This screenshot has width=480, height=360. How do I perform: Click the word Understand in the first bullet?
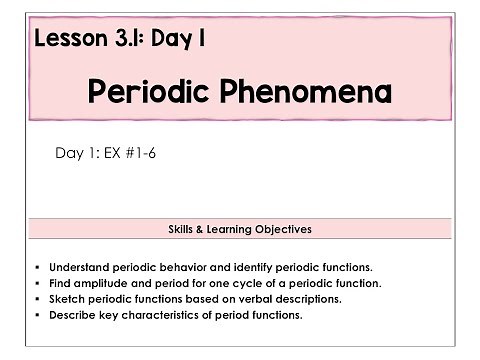tap(80, 267)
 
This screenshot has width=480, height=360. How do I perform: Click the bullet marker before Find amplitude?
tap(37, 283)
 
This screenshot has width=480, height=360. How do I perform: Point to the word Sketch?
tap(67, 299)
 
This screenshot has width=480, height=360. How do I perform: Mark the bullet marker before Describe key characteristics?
tap(37, 315)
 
